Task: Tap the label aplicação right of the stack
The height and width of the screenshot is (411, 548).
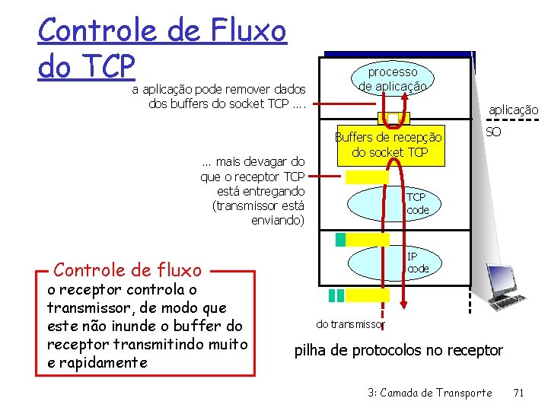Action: pyautogui.click(x=513, y=110)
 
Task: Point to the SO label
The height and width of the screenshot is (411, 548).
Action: pyautogui.click(x=493, y=132)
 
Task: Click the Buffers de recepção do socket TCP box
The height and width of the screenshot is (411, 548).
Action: pyautogui.click(x=388, y=145)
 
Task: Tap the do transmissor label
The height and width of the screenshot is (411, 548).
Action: pyautogui.click(x=350, y=324)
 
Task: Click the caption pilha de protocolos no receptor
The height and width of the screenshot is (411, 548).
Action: pyautogui.click(x=399, y=350)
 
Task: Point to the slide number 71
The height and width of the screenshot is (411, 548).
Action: pyautogui.click(x=519, y=393)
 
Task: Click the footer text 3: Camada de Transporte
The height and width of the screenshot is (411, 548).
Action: pyautogui.click(x=429, y=393)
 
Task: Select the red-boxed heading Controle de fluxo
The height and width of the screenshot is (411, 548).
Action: pyautogui.click(x=128, y=269)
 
